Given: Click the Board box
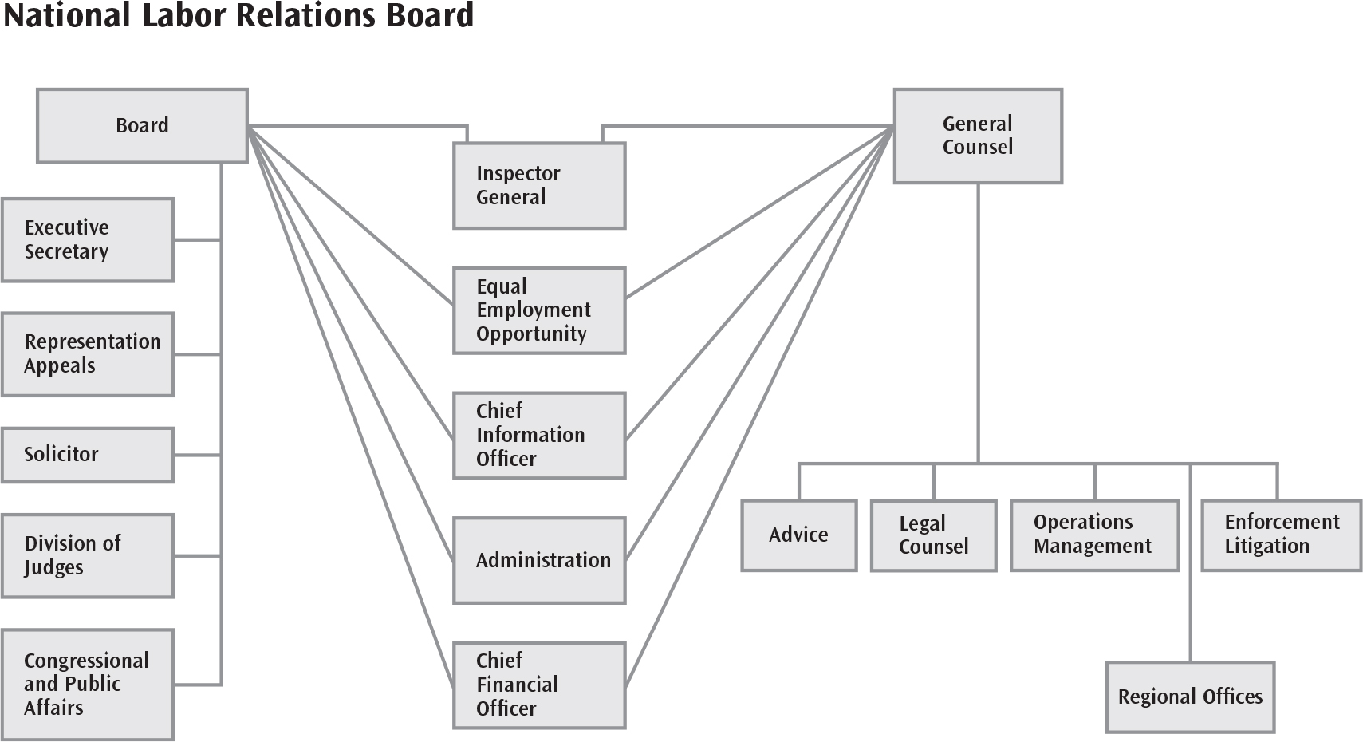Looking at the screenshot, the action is click(143, 126).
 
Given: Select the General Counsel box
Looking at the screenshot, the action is click(978, 136).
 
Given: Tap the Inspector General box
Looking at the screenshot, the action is click(539, 186).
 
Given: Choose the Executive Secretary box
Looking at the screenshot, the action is click(88, 240).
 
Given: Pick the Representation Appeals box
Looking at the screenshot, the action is click(88, 354).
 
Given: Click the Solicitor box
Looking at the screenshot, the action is click(88, 456).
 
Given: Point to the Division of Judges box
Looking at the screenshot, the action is click(88, 556).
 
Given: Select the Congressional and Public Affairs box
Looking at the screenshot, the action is click(88, 685).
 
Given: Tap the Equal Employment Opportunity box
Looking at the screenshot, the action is click(539, 310).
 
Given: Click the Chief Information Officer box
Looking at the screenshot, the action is click(539, 435).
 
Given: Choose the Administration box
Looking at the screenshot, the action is click(539, 560).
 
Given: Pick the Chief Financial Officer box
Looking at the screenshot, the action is click(539, 685).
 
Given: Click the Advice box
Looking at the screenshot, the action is click(799, 535).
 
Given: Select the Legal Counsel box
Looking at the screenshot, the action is click(933, 535).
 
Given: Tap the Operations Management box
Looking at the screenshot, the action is click(1095, 535).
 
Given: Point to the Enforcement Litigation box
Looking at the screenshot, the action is click(1282, 535).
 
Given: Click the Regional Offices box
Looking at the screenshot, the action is click(1190, 697).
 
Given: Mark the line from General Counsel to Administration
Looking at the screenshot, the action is click(759, 343).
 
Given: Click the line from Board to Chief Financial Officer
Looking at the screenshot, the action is click(350, 407).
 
